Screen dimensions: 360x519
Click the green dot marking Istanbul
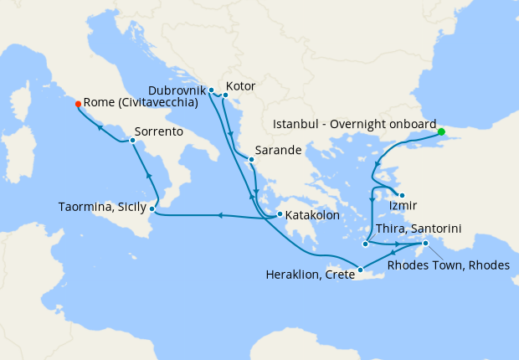pyautogui.click(x=441, y=131)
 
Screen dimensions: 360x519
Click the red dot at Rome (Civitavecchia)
pyautogui.click(x=78, y=104)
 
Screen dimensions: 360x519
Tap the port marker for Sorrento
pyautogui.click(x=132, y=141)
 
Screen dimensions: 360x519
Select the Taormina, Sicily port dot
pyautogui.click(x=152, y=208)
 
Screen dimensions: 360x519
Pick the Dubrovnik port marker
pyautogui.click(x=211, y=90)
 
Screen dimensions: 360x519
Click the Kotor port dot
pyautogui.click(x=225, y=95)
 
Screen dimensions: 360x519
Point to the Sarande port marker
pyautogui.click(x=250, y=158)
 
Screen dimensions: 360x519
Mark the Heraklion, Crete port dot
pyautogui.click(x=360, y=270)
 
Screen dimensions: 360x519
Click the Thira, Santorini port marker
pyautogui.click(x=365, y=244)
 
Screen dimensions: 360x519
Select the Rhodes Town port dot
pyautogui.click(x=425, y=244)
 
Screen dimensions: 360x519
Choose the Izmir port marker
pyautogui.click(x=402, y=195)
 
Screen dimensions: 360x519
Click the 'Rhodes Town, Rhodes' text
pyautogui.click(x=449, y=265)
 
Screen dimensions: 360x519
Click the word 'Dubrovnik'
pyautogui.click(x=176, y=88)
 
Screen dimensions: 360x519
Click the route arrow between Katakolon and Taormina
pyautogui.click(x=219, y=216)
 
